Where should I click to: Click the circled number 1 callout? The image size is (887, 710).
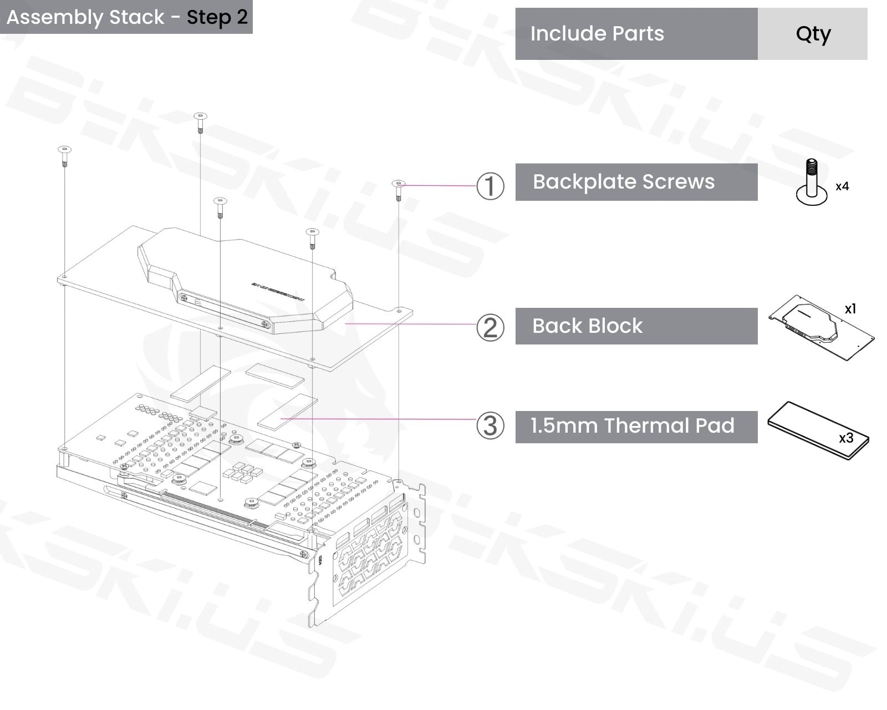(490, 186)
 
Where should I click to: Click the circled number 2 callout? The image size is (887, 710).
(490, 328)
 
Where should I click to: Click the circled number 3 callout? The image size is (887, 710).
(490, 425)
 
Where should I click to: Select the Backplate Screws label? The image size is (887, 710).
(624, 181)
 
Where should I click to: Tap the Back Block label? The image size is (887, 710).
(587, 326)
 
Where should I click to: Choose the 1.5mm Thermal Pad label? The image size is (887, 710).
(633, 425)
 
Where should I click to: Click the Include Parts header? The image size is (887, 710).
(597, 33)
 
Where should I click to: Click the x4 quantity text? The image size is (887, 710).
(842, 186)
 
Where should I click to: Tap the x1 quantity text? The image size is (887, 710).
(850, 308)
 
